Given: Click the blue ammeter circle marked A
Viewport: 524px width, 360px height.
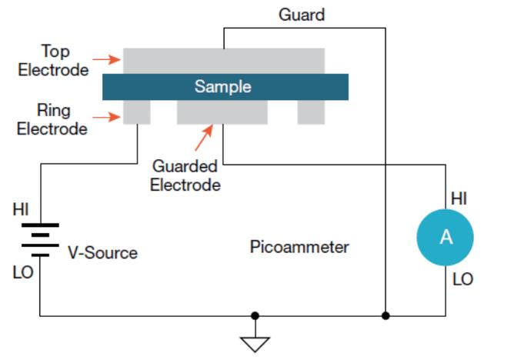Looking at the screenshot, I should [x=446, y=238].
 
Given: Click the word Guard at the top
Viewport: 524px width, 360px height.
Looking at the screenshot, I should [x=302, y=15].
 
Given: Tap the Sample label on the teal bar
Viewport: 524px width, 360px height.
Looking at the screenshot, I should [x=222, y=86].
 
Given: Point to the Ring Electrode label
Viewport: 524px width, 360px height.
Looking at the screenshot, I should [x=52, y=120].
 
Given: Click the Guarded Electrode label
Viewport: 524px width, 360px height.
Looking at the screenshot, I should [x=185, y=175].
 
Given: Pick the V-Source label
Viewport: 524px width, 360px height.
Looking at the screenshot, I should [x=102, y=252].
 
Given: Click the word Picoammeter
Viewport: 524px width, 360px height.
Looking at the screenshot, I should [x=299, y=247].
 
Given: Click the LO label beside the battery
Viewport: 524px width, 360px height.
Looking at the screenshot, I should [x=23, y=272].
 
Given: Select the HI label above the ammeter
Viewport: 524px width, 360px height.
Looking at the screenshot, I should [x=459, y=198].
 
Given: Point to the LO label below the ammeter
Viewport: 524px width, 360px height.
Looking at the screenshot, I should [x=462, y=279].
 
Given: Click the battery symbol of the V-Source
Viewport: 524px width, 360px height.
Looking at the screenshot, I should [x=40, y=239].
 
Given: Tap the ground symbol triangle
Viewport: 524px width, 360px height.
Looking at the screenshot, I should [x=255, y=342].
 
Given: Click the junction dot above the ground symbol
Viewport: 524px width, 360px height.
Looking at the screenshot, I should [x=255, y=315].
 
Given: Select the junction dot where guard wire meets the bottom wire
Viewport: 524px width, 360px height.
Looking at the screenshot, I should [x=385, y=315].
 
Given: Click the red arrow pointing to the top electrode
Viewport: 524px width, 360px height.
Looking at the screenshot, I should [x=106, y=58].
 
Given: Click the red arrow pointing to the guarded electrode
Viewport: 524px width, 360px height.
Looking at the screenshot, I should [x=202, y=138].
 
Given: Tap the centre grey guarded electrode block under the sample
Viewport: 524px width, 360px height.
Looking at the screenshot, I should [x=222, y=112].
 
